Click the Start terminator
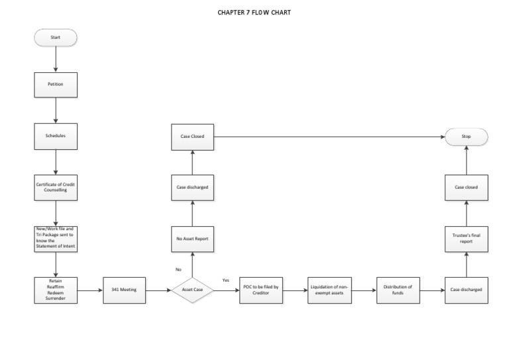tap(56, 37)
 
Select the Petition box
tap(56, 84)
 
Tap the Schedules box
tap(56, 135)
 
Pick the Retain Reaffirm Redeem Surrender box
tap(56, 290)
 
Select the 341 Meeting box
tap(124, 290)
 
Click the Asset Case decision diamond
tap(192, 290)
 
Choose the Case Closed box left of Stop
tap(192, 137)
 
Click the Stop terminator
tap(466, 137)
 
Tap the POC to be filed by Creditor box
tap(261, 290)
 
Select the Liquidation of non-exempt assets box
tap(329, 290)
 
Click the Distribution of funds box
tap(398, 290)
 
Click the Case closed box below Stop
tap(466, 187)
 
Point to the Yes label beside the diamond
tap(225, 280)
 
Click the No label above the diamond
tap(178, 269)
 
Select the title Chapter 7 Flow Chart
tap(254, 12)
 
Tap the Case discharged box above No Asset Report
tap(192, 187)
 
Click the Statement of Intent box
tap(56, 238)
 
